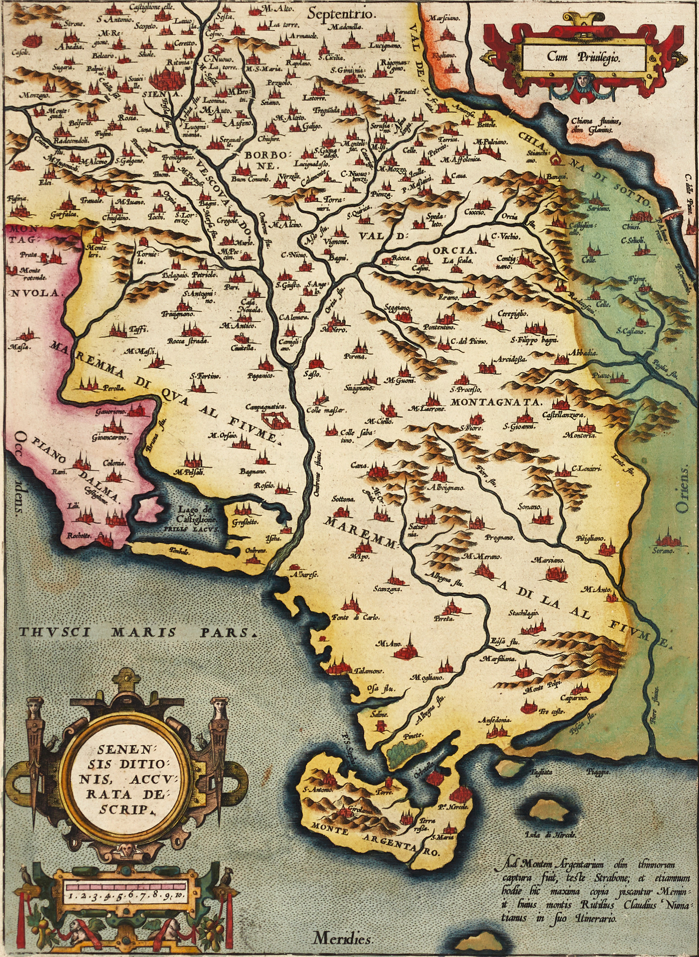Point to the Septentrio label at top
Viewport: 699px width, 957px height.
[x=341, y=14]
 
